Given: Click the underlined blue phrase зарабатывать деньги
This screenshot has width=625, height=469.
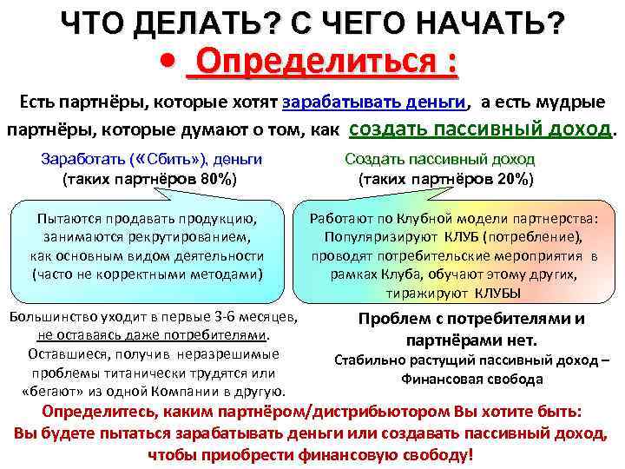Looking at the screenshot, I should (374, 102).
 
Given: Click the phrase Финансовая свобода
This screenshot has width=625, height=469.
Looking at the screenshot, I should (471, 379).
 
